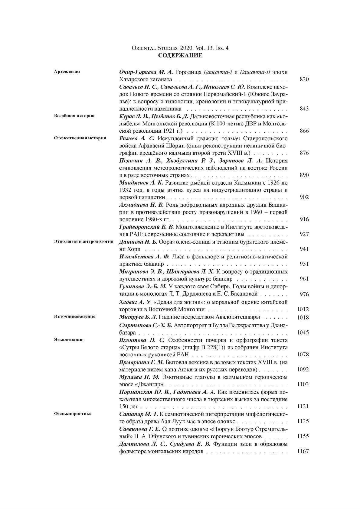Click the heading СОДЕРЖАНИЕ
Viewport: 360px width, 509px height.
coord(180,56)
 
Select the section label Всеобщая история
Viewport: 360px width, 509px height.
coord(74,116)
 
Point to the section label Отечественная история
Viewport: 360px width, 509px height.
coord(80,138)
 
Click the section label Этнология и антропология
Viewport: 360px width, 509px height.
coord(83,241)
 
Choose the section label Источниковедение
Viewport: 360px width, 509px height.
coord(74,316)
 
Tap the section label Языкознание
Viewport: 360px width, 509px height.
coord(68,339)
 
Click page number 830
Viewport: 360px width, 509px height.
coord(304,79)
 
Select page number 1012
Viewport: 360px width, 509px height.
coord(303,309)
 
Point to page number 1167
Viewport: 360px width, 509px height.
coord(303,451)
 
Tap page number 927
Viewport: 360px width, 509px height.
coord(304,234)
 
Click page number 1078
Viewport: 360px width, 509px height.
coord(303,355)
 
